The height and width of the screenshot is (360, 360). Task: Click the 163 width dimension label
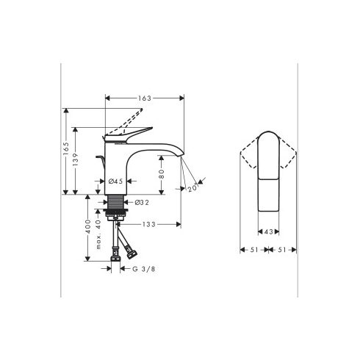point(145,98)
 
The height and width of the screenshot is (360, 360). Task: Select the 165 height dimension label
point(66,148)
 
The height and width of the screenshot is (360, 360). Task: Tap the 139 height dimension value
point(75,159)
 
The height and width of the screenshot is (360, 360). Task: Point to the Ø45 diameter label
point(115,181)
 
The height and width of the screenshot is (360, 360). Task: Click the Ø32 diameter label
point(142,202)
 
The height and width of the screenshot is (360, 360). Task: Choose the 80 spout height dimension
point(162,174)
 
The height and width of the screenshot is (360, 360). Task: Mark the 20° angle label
point(192,187)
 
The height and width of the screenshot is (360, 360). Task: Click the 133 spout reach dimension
point(149,224)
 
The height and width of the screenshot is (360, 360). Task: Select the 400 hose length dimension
point(88,226)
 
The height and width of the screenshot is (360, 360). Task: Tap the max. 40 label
point(98,234)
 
